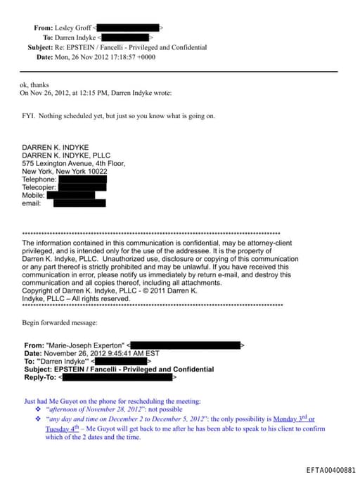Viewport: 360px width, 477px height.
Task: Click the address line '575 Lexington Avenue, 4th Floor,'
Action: point(74,163)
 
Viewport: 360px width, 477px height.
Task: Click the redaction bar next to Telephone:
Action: point(82,179)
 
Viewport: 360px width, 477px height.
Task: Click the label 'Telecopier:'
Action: point(39,187)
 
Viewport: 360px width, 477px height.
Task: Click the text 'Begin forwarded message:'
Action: point(60,322)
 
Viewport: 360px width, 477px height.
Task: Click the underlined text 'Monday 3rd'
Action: point(290,419)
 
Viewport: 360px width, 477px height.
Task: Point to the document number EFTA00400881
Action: point(330,470)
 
